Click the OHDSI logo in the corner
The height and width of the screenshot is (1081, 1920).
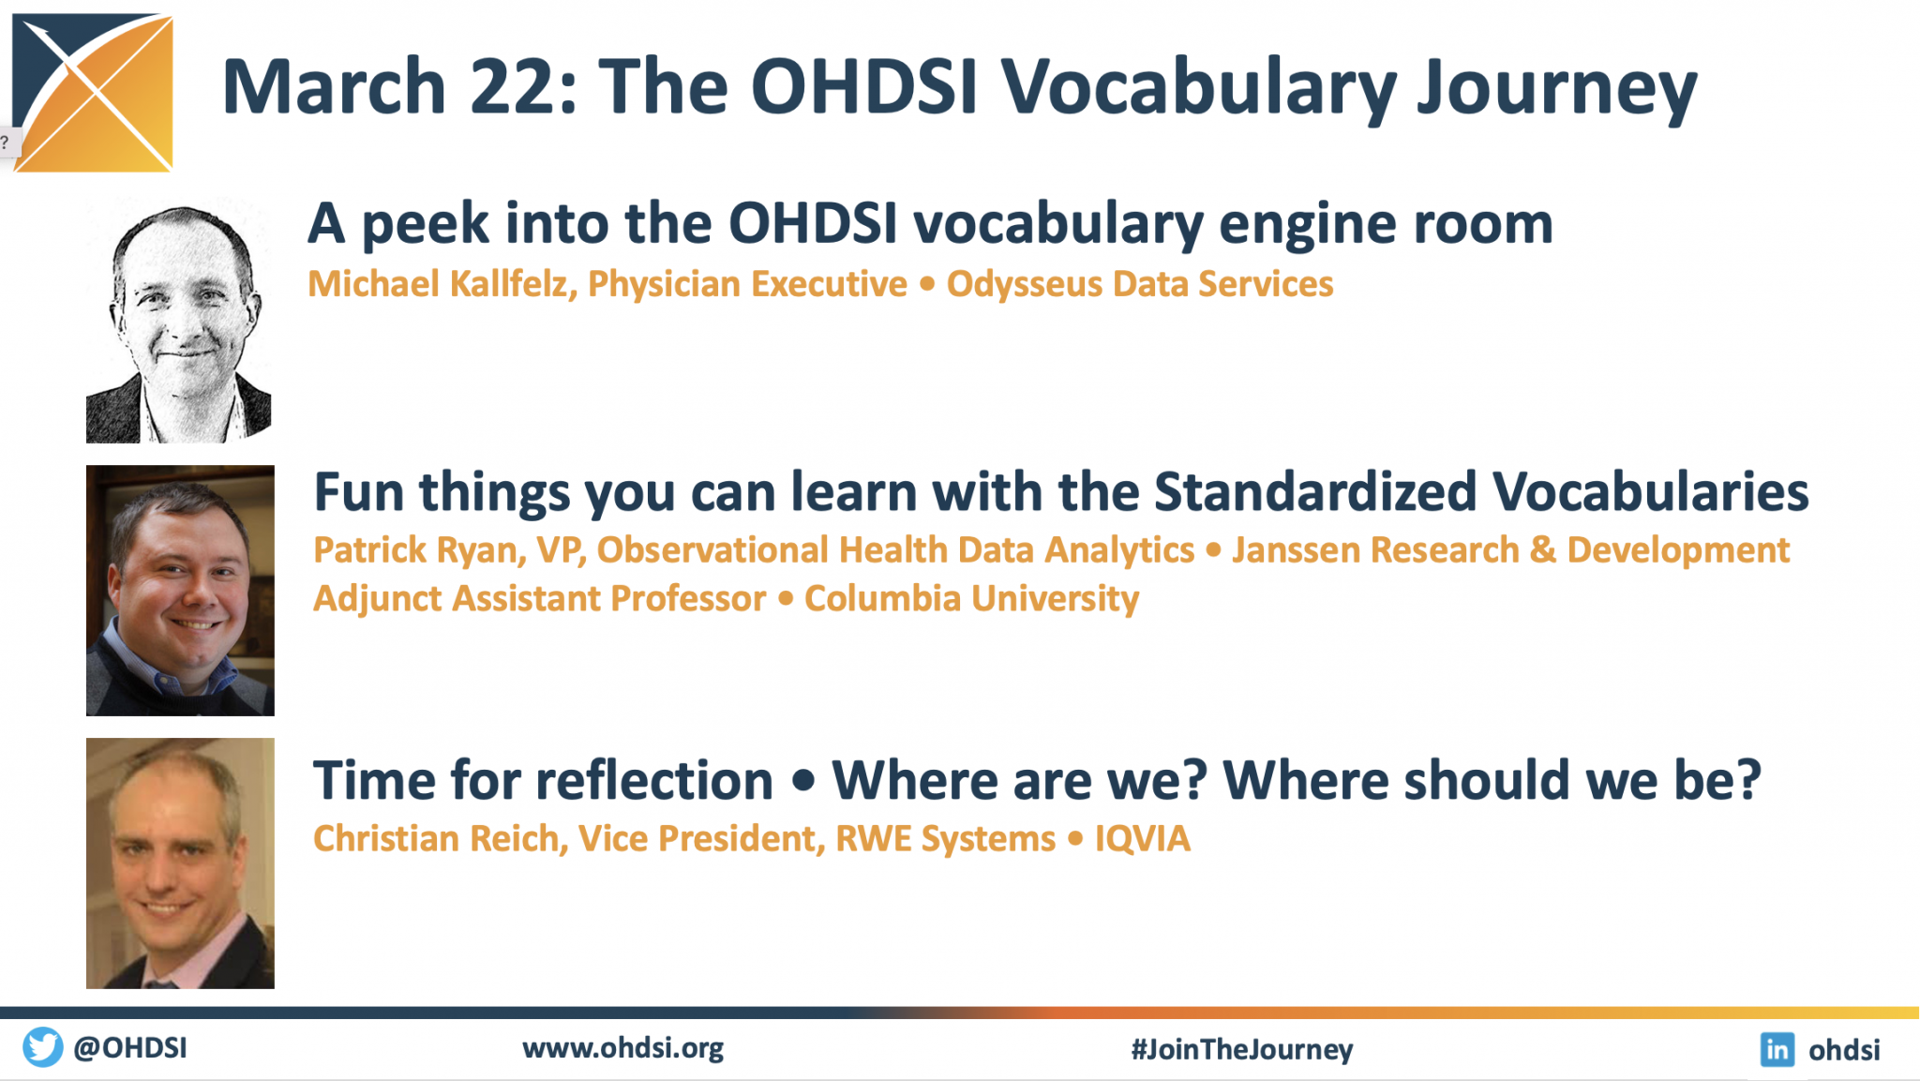(x=94, y=92)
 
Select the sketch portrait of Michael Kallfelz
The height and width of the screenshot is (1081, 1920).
(x=179, y=321)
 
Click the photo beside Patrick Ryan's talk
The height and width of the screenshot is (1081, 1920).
(x=180, y=591)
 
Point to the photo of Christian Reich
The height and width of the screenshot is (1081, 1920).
(x=180, y=863)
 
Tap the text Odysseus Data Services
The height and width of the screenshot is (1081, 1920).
(x=1139, y=284)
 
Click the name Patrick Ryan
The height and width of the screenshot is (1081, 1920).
(x=418, y=550)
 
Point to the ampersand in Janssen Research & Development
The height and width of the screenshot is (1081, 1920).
(x=1542, y=550)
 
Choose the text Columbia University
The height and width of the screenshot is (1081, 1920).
(x=971, y=599)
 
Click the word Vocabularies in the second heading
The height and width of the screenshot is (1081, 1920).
(x=1650, y=492)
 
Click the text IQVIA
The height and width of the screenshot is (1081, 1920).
(x=1142, y=838)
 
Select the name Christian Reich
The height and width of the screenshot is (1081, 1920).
(x=439, y=838)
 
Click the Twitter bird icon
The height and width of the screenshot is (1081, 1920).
(x=42, y=1047)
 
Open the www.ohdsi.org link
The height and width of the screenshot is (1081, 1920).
(x=622, y=1048)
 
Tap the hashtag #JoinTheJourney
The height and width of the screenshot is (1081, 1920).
(x=1241, y=1049)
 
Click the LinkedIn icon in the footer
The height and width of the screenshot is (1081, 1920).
(x=1777, y=1049)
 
